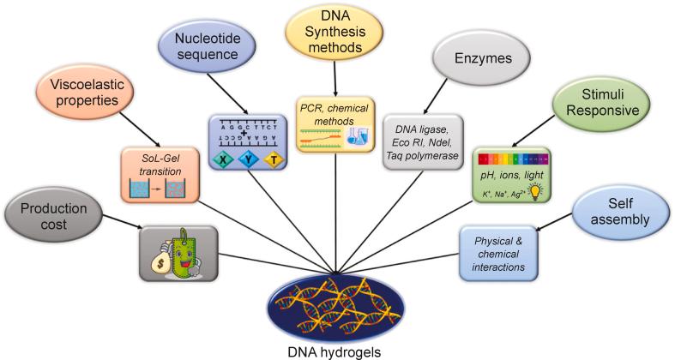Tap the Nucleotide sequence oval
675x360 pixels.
[202, 47]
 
